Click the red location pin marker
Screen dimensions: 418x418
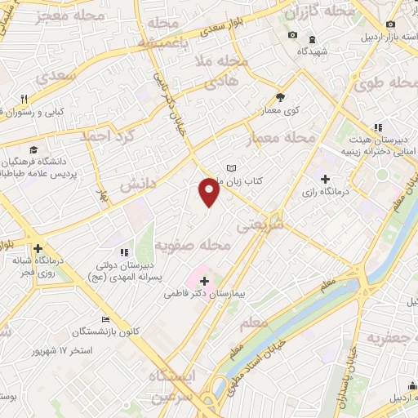pyautogui.click(x=210, y=192)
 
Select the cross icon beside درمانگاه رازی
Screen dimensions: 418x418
pyautogui.click(x=326, y=179)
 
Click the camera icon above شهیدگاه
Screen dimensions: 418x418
pyautogui.click(x=293, y=34)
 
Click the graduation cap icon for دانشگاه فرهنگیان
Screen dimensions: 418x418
pyautogui.click(x=33, y=149)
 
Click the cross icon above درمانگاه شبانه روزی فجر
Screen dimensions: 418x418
pyautogui.click(x=38, y=249)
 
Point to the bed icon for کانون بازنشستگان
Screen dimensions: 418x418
pyautogui.click(x=104, y=319)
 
